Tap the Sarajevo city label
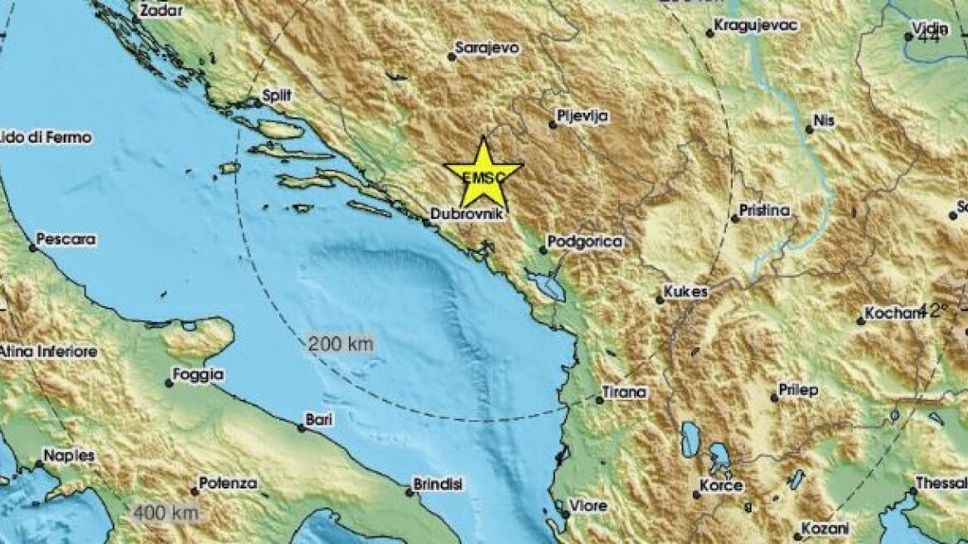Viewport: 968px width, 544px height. tap(489, 48)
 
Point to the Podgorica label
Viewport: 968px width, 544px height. tap(586, 241)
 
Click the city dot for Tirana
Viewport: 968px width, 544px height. tap(600, 401)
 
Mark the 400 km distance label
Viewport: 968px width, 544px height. tap(166, 513)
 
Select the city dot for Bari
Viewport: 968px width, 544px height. tap(302, 428)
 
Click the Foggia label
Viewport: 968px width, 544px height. tap(198, 375)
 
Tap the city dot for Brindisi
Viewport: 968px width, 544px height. tap(409, 493)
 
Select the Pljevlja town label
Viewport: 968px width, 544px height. tap(584, 117)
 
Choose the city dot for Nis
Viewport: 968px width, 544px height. tap(809, 129)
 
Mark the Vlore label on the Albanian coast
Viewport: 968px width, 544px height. tap(588, 505)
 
